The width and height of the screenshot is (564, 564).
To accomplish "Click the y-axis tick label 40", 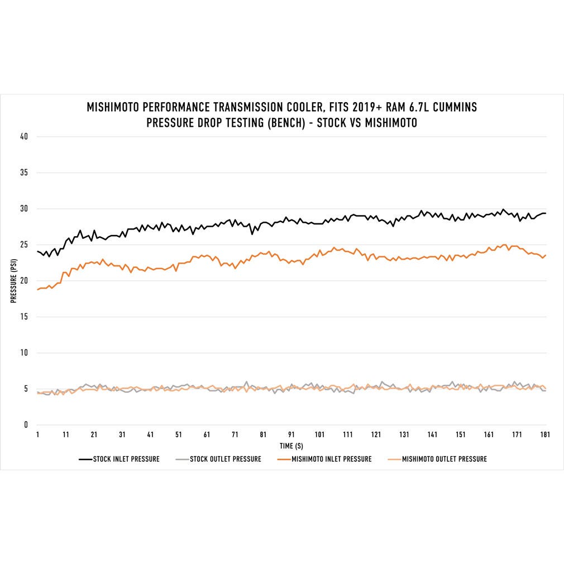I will coord(23,136).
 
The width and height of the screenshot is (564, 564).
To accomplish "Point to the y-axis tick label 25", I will coord(23,245).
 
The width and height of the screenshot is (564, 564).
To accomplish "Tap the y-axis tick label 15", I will coord(23,317).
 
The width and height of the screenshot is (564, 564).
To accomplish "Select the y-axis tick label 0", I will coord(25,425).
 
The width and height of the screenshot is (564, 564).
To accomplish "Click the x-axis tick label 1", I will coord(37,434).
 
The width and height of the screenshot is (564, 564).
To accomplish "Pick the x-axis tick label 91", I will coord(291,434).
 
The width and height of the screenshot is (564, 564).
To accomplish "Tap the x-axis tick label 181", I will coord(545,434).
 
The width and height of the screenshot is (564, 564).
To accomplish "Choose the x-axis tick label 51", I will coord(179,434).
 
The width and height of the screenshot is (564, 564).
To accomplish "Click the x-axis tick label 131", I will coord(404,434).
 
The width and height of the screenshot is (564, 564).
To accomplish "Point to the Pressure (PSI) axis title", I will coord(13,280).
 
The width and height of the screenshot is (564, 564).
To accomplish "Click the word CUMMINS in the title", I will coord(453,107).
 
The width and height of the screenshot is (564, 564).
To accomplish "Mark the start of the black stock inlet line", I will coord(37,251).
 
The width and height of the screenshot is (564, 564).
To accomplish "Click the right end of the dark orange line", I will coord(545,255).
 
